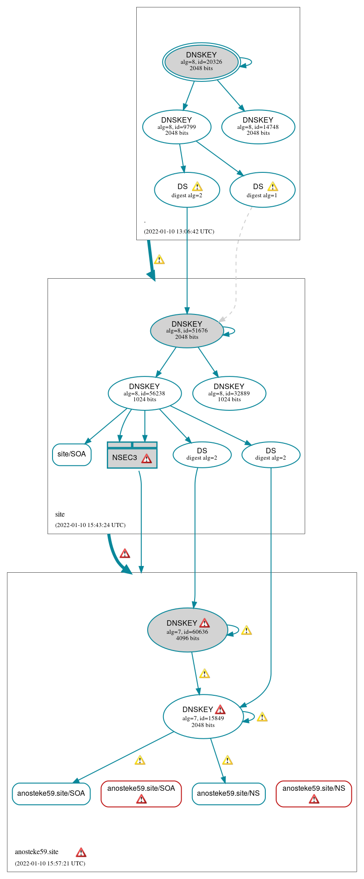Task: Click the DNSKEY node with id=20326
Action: (x=201, y=62)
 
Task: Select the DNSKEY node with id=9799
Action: (x=177, y=127)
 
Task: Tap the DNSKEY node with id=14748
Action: (x=258, y=127)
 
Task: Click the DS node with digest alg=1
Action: (x=262, y=190)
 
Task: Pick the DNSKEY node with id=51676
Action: (x=187, y=331)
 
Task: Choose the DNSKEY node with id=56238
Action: (x=144, y=393)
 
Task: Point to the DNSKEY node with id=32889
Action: (x=229, y=393)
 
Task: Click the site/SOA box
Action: (x=72, y=454)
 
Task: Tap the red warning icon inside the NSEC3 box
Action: (x=146, y=458)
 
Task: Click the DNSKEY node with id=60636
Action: (x=187, y=630)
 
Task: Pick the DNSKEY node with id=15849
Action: (x=203, y=716)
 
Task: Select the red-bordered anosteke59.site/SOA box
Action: (x=141, y=793)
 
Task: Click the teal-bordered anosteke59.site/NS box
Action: (x=228, y=793)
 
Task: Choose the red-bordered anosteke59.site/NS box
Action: (x=313, y=793)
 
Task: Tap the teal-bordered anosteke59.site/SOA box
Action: (x=51, y=793)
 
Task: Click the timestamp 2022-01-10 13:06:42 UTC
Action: (x=179, y=232)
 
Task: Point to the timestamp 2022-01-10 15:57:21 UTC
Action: (x=50, y=863)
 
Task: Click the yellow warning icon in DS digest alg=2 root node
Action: (x=197, y=186)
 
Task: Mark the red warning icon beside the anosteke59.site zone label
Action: (x=81, y=852)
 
